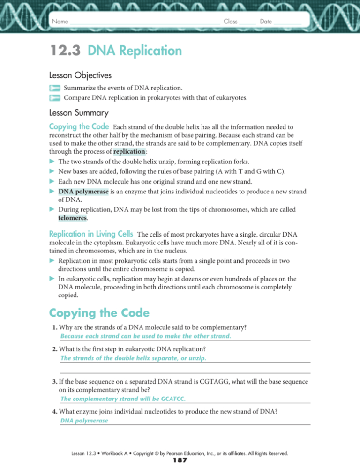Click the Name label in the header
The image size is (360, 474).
pos(60,22)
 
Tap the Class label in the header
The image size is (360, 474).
pos(230,22)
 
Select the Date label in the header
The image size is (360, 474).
pos(266,22)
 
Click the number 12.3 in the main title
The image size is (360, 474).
pos(66,51)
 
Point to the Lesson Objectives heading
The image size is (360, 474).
pos(80,75)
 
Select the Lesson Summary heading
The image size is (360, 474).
pos(79,113)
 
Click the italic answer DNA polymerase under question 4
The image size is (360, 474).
pos(84,421)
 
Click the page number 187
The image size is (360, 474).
pos(180,461)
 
